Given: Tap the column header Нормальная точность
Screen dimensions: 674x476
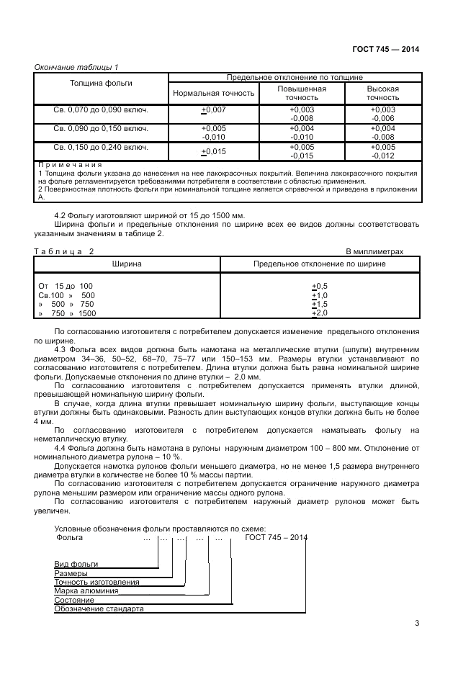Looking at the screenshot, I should pos(214,93).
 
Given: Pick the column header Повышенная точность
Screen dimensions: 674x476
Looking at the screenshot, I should pos(302,93).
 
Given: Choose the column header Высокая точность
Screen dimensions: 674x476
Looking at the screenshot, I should pos(382,93).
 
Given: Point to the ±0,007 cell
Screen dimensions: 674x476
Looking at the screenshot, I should pos(214,109).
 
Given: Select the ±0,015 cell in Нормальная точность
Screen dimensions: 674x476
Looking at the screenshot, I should pos(214,151).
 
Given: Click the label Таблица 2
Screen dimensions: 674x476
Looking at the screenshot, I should pos(64,251).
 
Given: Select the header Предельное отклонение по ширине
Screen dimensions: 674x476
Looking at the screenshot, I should pos(319,264).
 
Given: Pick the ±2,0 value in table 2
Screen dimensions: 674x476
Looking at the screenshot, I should pos(319,313).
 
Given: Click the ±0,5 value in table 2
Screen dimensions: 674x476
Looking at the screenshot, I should pos(319,286).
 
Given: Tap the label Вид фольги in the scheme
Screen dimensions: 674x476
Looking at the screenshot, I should pos(76,564).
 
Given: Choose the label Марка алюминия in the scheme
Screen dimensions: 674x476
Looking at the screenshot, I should pos(86,590).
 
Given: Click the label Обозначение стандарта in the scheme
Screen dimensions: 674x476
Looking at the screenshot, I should pos(99,608).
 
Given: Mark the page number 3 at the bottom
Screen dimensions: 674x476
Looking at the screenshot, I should pos(417,624).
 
